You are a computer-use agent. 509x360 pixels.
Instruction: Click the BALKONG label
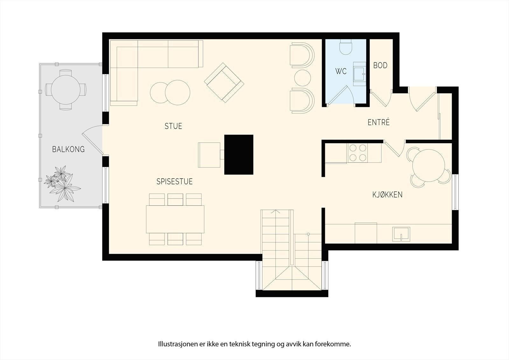coord(68,149)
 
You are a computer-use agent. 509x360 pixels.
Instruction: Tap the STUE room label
coord(173,126)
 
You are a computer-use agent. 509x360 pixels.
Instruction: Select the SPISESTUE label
coord(175,181)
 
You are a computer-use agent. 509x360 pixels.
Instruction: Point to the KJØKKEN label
coord(387,194)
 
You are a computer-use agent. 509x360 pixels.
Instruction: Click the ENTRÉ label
coord(379,122)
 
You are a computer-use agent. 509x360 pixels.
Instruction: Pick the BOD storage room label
coord(380,66)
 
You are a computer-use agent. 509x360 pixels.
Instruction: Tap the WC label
coord(341,71)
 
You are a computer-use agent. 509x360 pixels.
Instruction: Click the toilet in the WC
coord(345,47)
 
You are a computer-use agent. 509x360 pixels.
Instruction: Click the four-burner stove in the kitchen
coord(358,153)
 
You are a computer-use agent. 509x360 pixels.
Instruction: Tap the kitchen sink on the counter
coord(401,234)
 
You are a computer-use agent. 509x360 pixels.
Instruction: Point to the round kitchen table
coord(428,165)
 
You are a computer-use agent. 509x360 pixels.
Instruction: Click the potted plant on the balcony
coord(62,183)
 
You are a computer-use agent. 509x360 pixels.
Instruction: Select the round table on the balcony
coord(66,90)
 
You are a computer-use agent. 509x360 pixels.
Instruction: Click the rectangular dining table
coord(175,219)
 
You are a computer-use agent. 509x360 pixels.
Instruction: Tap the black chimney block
coord(239,155)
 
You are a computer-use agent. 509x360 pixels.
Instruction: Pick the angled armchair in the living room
coord(224,82)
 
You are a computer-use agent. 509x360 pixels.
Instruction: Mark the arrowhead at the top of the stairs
coord(275,211)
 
